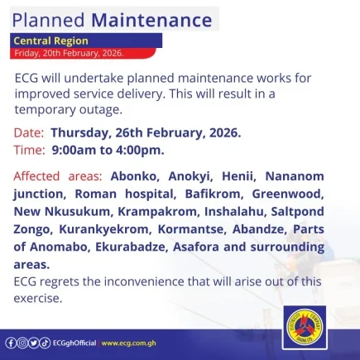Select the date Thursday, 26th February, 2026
146,133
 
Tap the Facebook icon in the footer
10,343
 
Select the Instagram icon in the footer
22,343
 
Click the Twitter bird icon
34,343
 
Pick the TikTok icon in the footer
46,343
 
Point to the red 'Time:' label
30,150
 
